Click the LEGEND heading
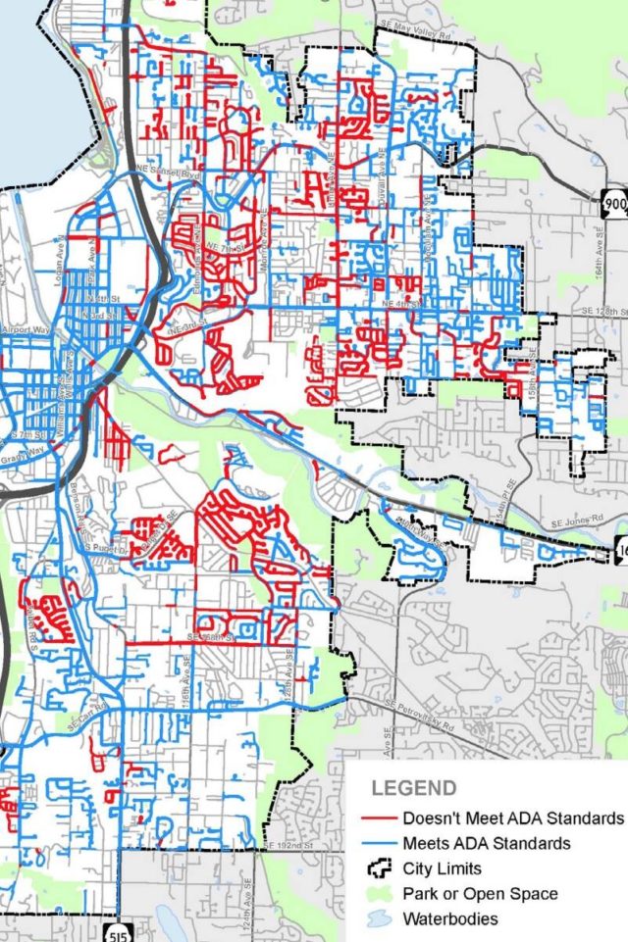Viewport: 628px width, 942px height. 413,788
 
